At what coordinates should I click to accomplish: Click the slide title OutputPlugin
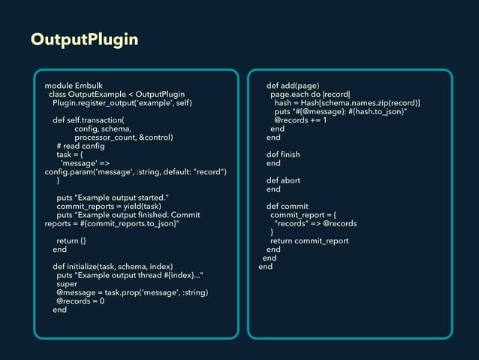[84, 40]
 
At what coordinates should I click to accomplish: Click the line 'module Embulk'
[74, 85]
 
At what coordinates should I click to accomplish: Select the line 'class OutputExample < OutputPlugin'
[116, 94]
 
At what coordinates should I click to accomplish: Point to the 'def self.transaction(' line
[88, 119]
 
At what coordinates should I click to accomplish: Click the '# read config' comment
[80, 146]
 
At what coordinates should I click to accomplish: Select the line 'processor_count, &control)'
[124, 138]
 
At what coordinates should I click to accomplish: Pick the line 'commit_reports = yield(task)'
[109, 206]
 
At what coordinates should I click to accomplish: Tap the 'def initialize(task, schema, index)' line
[113, 267]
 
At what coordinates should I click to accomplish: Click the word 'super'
[67, 284]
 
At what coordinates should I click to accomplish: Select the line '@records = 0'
[80, 301]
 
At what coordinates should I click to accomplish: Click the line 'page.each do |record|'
[311, 94]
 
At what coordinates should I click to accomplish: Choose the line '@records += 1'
[300, 119]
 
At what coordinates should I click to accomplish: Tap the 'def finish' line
[283, 154]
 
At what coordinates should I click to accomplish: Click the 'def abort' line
[283, 180]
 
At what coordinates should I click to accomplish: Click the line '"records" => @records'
[315, 223]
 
